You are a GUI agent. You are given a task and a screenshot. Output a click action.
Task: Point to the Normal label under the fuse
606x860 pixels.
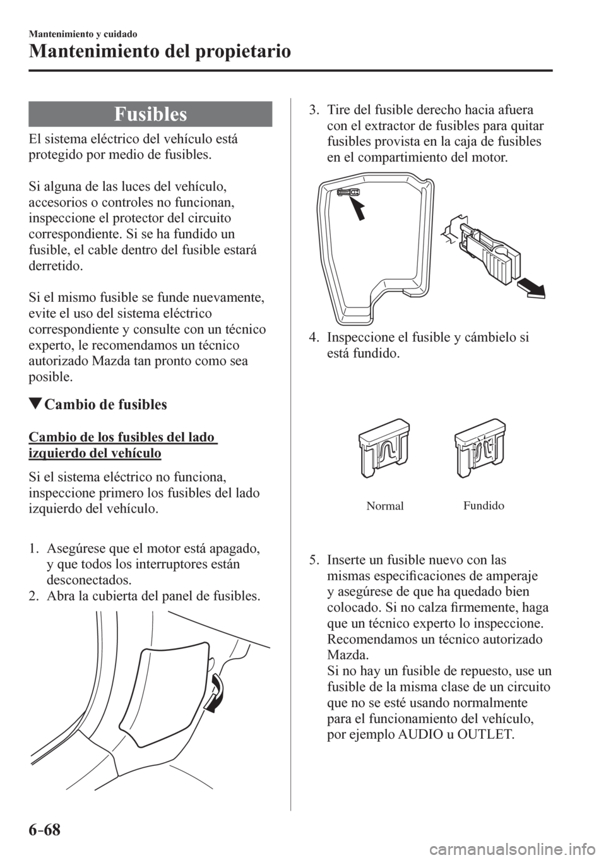384,506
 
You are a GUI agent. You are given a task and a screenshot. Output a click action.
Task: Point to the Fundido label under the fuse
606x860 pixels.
483,506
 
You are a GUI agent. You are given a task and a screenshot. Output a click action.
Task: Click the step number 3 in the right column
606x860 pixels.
312,109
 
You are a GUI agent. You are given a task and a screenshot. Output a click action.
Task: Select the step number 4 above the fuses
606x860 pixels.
312,338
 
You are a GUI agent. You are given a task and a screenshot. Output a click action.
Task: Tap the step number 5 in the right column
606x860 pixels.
312,560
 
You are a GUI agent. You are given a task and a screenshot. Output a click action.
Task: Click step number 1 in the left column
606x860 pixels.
33,547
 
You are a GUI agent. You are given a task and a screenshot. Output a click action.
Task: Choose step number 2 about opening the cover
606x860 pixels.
33,596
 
